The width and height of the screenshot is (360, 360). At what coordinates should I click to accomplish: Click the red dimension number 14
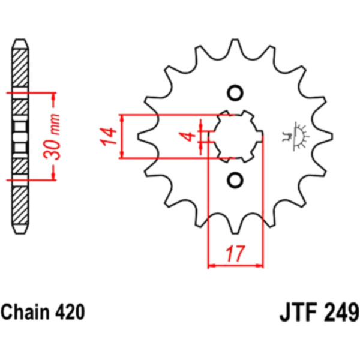[108, 136]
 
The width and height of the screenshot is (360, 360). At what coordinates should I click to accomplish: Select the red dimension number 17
[235, 254]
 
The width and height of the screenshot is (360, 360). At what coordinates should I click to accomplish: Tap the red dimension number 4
[188, 136]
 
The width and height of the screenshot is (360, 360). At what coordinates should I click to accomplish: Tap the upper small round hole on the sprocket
[235, 93]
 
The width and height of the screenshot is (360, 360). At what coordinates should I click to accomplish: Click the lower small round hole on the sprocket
[235, 180]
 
